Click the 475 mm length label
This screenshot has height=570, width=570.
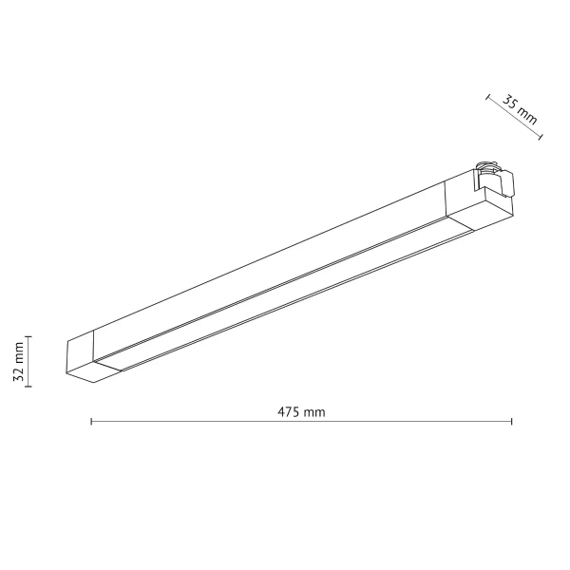click(301, 412)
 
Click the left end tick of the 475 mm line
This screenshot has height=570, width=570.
click(91, 421)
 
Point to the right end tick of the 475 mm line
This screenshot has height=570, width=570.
click(512, 421)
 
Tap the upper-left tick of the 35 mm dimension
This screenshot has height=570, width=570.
click(487, 96)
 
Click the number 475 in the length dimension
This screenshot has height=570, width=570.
click(289, 412)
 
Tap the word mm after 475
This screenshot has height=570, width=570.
click(314, 412)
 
